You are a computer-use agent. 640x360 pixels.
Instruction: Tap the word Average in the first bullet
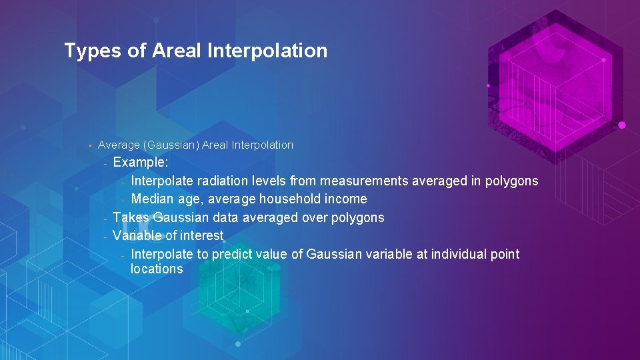[x=116, y=145]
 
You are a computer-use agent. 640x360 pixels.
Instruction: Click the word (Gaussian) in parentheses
[x=167, y=145]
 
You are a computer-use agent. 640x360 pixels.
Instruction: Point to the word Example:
[x=141, y=163]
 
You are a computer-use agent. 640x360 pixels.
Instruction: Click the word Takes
[x=131, y=217]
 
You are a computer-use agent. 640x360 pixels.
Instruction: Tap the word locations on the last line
[x=157, y=269]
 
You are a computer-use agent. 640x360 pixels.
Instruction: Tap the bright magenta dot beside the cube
[x=621, y=125]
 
